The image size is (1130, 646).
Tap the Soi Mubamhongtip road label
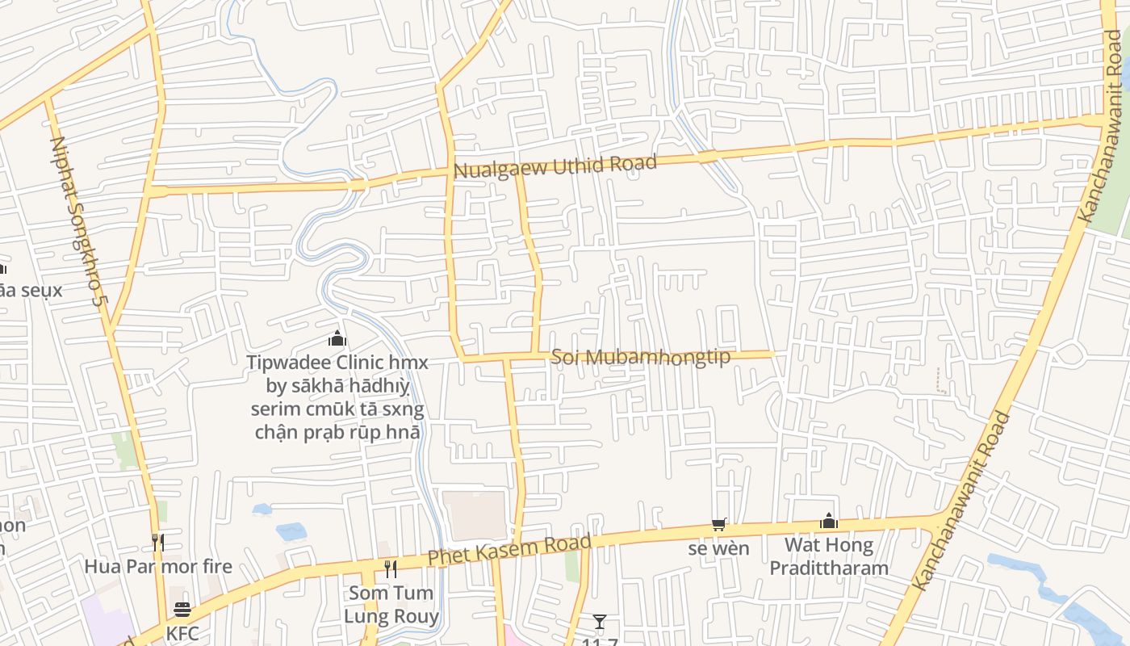tap(640, 357)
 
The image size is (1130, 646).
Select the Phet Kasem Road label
tap(509, 550)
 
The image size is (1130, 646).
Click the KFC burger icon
tap(182, 610)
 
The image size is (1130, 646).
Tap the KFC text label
tap(182, 633)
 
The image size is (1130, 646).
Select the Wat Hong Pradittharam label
tap(829, 556)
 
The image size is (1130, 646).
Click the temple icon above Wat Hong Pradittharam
tap(829, 522)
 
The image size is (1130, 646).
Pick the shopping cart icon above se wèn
tap(718, 525)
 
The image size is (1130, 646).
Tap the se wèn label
tap(718, 549)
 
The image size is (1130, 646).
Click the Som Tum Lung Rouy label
tap(391, 605)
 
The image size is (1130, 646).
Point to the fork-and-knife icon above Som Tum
tap(391, 569)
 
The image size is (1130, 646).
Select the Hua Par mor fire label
tap(158, 567)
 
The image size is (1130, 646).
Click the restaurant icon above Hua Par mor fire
tap(158, 542)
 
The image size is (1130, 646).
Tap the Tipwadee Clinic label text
tap(337, 397)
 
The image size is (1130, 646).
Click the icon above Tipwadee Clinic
tap(337, 338)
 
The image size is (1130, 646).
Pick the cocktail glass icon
tap(599, 622)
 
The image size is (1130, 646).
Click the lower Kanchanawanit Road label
tap(960, 501)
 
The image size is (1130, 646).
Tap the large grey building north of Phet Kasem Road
tap(475, 515)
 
